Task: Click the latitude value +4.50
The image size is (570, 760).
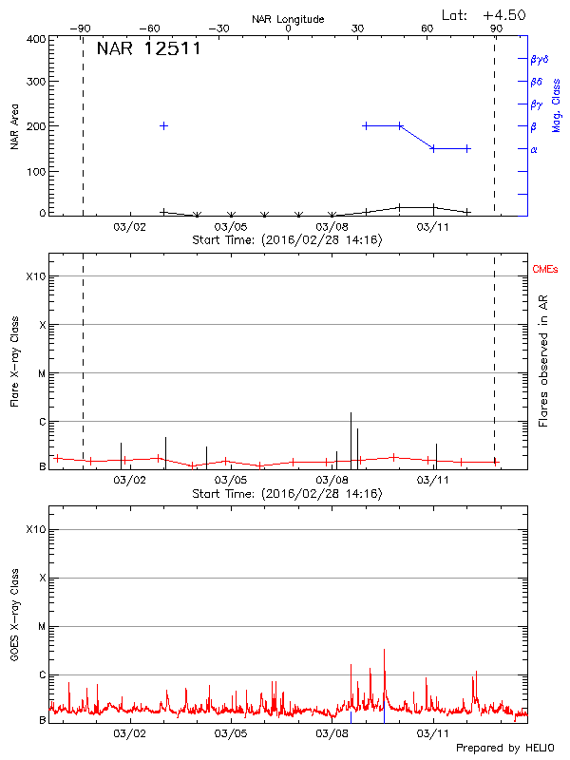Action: (503, 14)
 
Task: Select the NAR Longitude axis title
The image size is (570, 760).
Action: (288, 19)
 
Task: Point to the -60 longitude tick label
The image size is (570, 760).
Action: (150, 28)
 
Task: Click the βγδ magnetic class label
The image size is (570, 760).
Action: (539, 59)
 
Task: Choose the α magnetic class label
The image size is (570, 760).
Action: (534, 149)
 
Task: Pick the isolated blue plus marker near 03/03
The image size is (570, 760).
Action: (164, 125)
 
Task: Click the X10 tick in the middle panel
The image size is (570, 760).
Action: (34, 276)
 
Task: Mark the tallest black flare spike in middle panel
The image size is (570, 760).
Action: (351, 414)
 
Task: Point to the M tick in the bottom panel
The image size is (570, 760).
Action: (41, 627)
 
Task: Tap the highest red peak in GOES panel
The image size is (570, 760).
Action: (384, 650)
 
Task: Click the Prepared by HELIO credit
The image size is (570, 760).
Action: (503, 749)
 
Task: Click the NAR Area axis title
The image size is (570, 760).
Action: (14, 127)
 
